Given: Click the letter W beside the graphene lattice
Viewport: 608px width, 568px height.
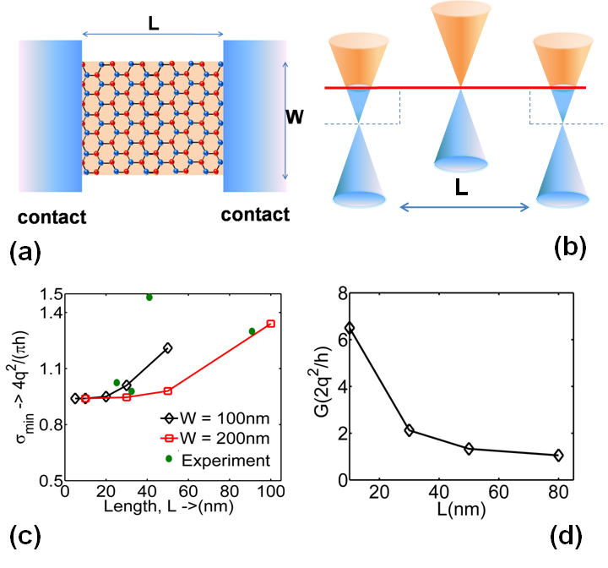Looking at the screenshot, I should point(295,116).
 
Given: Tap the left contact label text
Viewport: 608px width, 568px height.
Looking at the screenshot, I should point(51,216).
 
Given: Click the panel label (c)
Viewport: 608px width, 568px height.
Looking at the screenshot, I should point(25,538).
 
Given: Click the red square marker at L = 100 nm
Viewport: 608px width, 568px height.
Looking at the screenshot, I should point(271,324).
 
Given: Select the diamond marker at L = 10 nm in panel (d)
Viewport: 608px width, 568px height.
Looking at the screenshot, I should point(350,327).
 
